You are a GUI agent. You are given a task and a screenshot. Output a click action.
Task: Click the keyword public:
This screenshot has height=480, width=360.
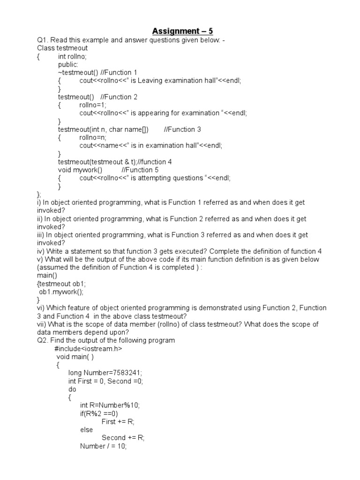coord(68,64)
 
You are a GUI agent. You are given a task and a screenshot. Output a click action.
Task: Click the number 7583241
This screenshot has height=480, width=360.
coord(124,373)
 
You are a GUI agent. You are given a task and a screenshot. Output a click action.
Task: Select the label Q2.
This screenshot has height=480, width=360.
coord(43,340)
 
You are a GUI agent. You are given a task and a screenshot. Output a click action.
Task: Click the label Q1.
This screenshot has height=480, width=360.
coord(43,40)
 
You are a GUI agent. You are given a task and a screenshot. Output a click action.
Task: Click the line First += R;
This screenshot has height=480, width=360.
coord(118,421)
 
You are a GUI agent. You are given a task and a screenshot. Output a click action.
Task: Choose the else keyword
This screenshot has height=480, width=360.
coord(86,429)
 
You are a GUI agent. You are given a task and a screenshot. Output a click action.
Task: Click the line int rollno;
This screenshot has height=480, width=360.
coord(72,56)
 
